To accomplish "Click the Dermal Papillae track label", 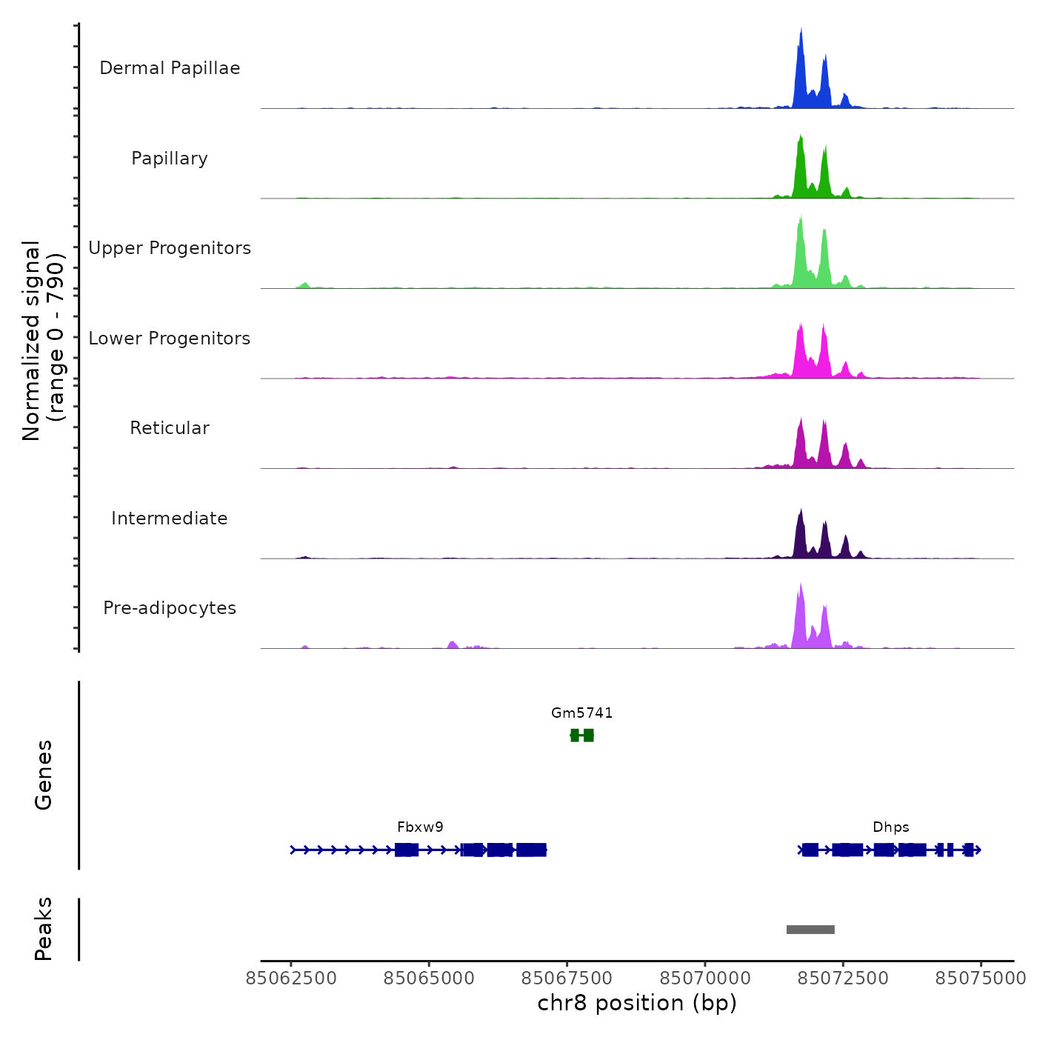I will point(170,68).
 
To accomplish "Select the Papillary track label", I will point(170,159).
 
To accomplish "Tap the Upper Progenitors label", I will point(170,248).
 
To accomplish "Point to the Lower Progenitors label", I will point(170,339).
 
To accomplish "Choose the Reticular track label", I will point(170,428).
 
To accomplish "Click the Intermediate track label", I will point(170,518).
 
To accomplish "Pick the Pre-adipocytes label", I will point(170,608).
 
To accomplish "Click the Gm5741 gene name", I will point(581,713).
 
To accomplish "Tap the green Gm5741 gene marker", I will point(582,735).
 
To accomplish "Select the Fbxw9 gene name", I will point(420,827).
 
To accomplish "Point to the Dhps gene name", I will point(890,827).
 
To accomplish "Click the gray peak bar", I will point(810,930).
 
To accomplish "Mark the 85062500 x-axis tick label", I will point(291,978).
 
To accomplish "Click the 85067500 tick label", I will point(567,978).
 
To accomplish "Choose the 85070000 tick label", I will point(705,978).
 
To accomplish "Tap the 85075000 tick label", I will point(981,978).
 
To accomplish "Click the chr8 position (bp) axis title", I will point(637,1003).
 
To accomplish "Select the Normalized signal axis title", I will point(43,341).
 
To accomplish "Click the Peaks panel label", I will point(44,929).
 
